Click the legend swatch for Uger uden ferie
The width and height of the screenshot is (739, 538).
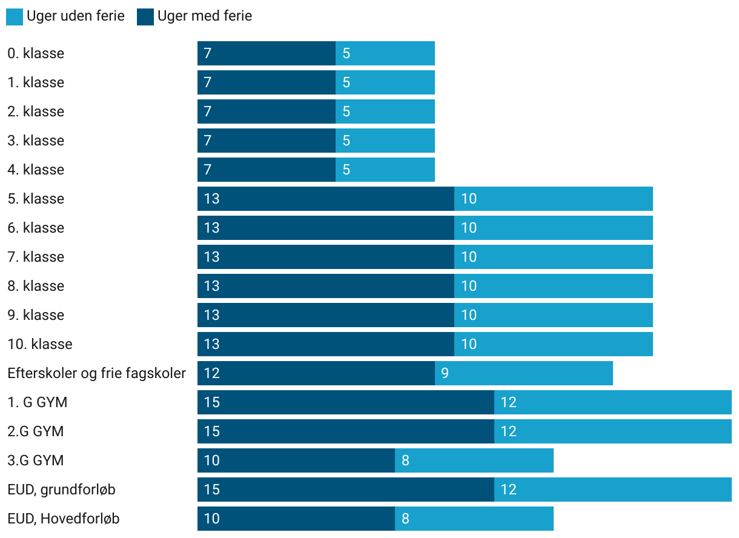[x=15, y=17]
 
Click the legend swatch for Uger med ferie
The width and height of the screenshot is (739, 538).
[x=145, y=17]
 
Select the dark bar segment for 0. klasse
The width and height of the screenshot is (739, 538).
[x=267, y=53]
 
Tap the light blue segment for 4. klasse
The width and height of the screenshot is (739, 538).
[x=385, y=170]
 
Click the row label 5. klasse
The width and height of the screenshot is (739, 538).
[x=36, y=199]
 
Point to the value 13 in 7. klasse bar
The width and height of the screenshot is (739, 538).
[x=211, y=257]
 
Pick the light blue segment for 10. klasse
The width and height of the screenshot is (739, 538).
[x=554, y=344]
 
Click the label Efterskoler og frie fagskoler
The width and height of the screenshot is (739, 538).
[x=96, y=373]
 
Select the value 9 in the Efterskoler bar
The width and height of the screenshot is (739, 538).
[x=445, y=373]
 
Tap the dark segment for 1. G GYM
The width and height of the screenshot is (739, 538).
[x=346, y=402]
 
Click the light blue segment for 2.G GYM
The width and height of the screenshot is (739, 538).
[x=613, y=431]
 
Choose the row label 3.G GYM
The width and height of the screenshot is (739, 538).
[x=36, y=460]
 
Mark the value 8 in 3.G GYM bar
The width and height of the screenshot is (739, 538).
[x=405, y=460]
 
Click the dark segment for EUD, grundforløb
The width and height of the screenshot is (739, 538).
[x=346, y=490]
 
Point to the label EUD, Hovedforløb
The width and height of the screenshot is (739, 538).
[x=63, y=519]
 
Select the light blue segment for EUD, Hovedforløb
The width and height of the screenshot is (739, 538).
[x=474, y=519]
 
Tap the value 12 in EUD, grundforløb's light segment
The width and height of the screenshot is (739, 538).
[x=508, y=490]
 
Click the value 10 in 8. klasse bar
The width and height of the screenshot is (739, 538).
[x=469, y=286]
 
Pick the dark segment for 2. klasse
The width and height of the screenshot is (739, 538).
[x=267, y=111]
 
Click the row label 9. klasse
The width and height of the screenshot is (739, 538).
[x=36, y=315]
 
